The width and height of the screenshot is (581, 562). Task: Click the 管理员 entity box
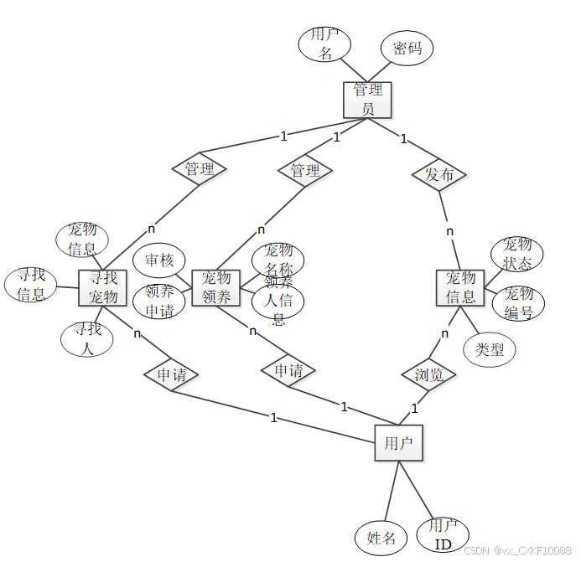tap(367, 100)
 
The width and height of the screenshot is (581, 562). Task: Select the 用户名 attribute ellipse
tap(324, 44)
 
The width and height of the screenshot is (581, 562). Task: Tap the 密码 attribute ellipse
tap(407, 49)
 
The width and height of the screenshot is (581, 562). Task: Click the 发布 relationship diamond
tap(439, 175)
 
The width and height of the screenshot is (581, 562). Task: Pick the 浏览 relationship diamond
tap(428, 374)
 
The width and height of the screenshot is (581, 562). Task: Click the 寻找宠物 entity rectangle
tap(102, 287)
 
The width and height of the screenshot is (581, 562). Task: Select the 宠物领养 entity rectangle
tap(215, 287)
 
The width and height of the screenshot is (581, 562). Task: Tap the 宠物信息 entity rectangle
tap(460, 287)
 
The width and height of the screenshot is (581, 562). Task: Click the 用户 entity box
tap(398, 443)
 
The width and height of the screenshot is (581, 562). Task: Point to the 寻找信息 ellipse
tap(31, 285)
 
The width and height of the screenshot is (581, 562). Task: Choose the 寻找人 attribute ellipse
tap(86, 338)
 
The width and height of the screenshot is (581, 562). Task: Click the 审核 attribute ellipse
tap(158, 260)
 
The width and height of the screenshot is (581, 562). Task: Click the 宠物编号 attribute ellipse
tap(519, 303)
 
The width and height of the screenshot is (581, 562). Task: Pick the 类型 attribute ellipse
tap(490, 349)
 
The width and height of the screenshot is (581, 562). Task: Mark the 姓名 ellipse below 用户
tap(381, 538)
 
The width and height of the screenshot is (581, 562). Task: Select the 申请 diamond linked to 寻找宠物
tap(171, 374)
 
